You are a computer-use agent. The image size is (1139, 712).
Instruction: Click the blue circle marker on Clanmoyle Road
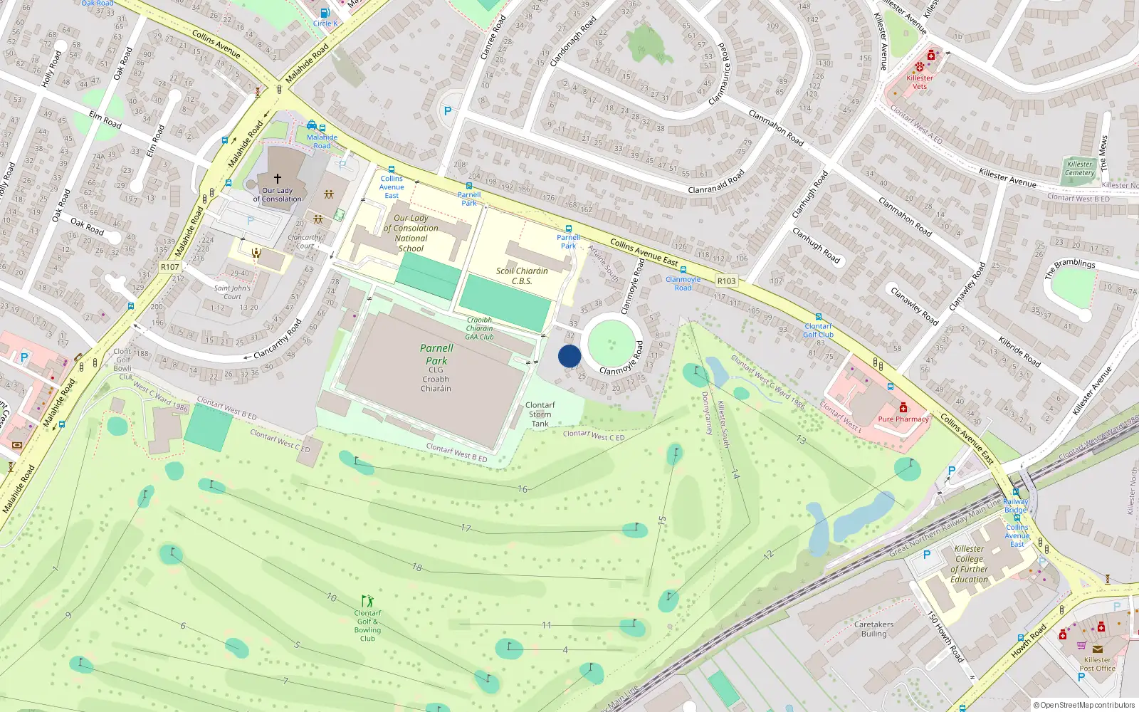click(569, 356)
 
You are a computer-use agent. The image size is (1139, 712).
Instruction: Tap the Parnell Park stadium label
click(436, 355)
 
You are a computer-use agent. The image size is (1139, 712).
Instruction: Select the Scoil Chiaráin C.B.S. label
click(522, 276)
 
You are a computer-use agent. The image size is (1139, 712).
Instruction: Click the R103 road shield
click(726, 281)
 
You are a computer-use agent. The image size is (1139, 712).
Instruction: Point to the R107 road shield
click(170, 267)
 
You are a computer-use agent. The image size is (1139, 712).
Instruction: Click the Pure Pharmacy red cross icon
click(903, 407)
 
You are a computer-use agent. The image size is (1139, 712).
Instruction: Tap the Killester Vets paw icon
click(920, 66)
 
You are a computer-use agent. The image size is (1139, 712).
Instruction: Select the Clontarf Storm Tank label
click(540, 414)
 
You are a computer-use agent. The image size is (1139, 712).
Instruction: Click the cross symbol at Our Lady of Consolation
click(278, 178)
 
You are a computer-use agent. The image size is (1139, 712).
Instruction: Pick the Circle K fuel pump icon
click(325, 13)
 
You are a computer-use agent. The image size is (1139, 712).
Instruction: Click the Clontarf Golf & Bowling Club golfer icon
click(367, 602)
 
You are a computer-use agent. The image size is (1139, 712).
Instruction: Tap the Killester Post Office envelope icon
click(1097, 649)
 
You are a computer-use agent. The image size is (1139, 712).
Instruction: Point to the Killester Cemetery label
click(1080, 168)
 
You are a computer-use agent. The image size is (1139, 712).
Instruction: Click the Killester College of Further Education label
click(970, 564)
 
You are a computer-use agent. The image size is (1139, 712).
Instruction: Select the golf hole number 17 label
click(466, 528)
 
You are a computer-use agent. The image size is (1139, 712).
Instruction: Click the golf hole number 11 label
click(546, 625)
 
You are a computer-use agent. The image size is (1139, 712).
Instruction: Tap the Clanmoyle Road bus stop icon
click(683, 270)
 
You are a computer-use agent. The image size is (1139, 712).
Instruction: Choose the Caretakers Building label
click(874, 629)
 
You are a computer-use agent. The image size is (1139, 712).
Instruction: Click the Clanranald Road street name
click(717, 181)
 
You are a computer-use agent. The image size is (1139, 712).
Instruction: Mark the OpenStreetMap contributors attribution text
click(1084, 705)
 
